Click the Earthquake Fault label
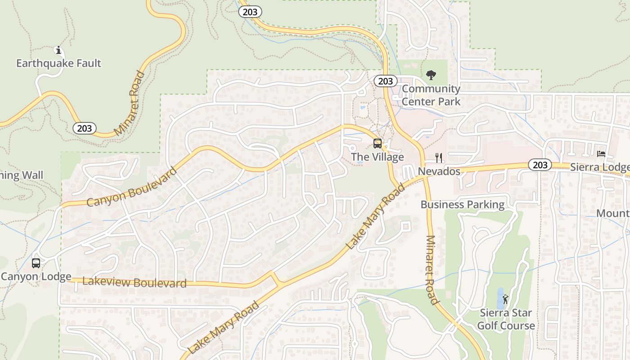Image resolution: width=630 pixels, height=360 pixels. point(58,63)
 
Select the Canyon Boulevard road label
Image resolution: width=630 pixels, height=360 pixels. point(132,187)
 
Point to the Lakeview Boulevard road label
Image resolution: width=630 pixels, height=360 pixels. point(135,283)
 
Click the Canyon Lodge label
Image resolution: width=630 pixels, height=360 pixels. point(36,276)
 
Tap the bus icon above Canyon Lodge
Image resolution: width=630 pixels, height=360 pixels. point(36,263)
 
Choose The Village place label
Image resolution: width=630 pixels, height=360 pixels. point(377,157)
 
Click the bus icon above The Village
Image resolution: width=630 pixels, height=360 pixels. point(378,144)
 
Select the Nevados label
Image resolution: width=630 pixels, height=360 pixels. point(439,171)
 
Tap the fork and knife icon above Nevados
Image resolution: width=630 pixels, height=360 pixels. point(439,158)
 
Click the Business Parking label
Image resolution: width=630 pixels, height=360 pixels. point(462,205)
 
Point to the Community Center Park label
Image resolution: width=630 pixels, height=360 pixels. point(431,95)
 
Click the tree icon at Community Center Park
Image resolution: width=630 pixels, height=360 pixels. point(431,75)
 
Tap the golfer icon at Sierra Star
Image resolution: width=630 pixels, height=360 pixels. point(506,299)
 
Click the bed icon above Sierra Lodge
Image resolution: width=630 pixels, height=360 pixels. point(601,154)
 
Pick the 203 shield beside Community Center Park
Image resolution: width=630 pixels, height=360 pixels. point(386,81)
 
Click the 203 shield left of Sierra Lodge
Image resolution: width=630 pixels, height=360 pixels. point(540,165)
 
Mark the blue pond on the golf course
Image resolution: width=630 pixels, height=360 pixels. point(500,298)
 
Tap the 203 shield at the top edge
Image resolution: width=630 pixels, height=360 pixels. point(250,12)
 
